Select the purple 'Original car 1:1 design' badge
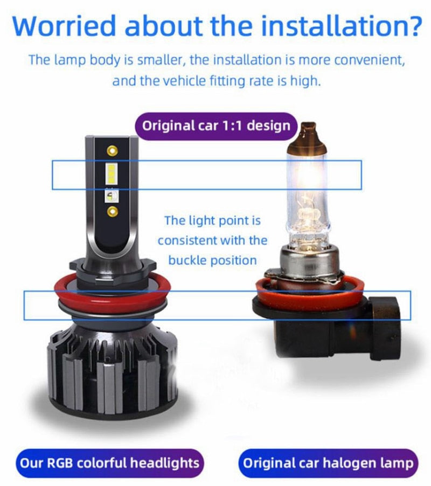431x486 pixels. pos(216,126)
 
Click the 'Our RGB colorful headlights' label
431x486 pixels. pos(109,463)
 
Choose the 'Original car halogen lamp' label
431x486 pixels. pos(328,463)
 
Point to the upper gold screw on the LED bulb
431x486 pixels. pos(112,151)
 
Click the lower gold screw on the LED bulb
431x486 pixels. pos(112,212)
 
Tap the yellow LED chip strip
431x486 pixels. pos(112,174)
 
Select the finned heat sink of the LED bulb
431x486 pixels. pos(112,372)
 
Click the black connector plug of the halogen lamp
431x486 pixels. pos(384,328)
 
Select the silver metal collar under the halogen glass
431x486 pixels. pos(307,259)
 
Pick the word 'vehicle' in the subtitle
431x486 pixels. pos(184,81)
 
